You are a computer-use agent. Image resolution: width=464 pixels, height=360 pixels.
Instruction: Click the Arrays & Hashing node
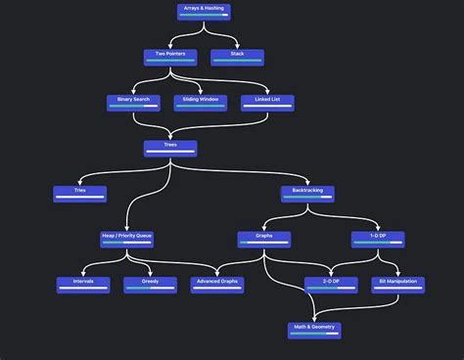(204, 12)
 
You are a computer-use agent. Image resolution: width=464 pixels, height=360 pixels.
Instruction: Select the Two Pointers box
(170, 57)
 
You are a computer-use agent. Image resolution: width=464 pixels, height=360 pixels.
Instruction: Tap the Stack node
(237, 57)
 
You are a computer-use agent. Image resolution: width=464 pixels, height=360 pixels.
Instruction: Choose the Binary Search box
(132, 103)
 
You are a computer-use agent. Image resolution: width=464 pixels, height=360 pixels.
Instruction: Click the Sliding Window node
(201, 103)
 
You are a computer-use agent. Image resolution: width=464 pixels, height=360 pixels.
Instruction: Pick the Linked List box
(267, 103)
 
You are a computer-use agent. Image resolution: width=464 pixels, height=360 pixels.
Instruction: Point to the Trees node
(170, 148)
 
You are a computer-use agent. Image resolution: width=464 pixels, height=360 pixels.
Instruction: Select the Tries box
(80, 194)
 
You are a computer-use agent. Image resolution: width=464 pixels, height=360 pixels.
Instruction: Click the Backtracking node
(307, 194)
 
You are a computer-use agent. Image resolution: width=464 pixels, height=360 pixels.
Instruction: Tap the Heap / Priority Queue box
(126, 239)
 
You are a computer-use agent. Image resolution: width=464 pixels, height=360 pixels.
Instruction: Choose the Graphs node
(263, 239)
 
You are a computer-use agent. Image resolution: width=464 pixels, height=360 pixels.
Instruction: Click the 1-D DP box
(378, 239)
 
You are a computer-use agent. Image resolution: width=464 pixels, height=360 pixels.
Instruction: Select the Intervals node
(83, 285)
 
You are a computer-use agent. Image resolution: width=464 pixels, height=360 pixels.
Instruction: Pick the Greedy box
(150, 285)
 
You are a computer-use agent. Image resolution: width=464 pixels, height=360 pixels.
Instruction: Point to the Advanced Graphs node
(217, 285)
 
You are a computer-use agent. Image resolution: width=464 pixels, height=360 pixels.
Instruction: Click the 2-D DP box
(331, 285)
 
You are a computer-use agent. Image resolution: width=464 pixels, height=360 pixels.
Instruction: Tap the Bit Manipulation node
(398, 285)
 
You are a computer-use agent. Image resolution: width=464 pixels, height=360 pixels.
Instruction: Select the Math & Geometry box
(314, 330)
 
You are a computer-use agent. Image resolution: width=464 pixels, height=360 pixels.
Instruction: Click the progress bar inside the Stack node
(237, 61)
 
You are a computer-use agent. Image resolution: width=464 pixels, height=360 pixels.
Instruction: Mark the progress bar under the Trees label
(170, 152)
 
